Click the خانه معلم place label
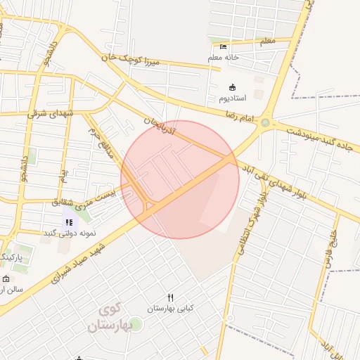[x=224, y=57]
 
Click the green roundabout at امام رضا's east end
[x=265, y=124]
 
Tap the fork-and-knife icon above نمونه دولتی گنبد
[x=69, y=222]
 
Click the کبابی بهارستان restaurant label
[x=170, y=309]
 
